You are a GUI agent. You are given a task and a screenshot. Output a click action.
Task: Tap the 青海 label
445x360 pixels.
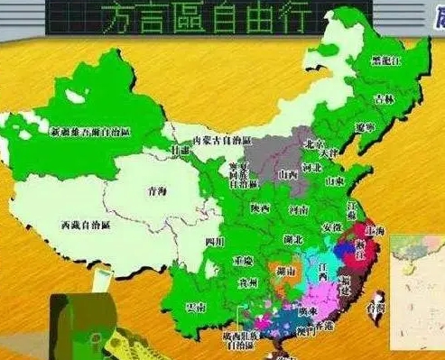coord(157,192)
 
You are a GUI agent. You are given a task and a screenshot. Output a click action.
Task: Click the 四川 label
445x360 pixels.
coord(213,241)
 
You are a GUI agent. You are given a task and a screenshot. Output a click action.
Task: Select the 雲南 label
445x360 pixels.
coord(194,306)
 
